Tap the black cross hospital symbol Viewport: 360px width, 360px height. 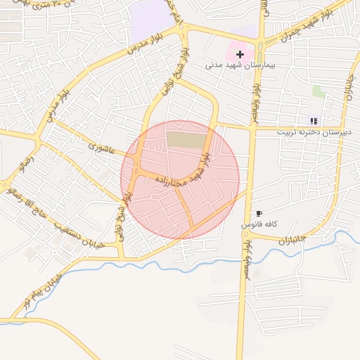(x=240, y=53)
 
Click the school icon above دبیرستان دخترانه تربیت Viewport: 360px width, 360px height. (x=313, y=121)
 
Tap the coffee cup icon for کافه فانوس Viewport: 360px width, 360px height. (x=259, y=213)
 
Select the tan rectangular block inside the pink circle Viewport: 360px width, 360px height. (x=183, y=139)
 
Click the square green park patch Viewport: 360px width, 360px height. (x=319, y=92)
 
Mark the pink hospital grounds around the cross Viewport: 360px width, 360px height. (x=232, y=52)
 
